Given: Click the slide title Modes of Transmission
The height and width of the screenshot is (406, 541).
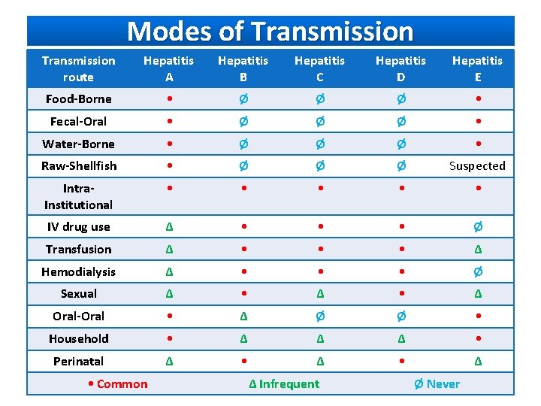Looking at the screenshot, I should [270, 32].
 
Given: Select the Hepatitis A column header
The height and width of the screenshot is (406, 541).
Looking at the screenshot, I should [169, 68].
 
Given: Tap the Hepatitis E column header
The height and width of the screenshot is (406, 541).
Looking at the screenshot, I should [477, 68].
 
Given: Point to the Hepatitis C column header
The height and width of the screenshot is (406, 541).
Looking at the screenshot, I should [320, 68].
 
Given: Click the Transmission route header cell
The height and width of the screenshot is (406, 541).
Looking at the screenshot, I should [78, 68].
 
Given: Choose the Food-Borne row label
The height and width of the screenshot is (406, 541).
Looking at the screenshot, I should [78, 99].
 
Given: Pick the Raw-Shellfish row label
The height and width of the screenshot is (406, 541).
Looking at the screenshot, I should [79, 165].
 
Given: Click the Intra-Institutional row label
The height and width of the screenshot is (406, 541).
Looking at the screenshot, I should [78, 196].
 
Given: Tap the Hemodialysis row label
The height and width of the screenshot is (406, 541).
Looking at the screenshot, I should [78, 271].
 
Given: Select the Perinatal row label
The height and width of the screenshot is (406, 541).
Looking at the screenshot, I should [78, 362].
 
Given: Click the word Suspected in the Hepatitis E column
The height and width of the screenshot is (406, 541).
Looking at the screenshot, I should [477, 166].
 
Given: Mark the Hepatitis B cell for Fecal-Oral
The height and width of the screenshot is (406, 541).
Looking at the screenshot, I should [243, 122].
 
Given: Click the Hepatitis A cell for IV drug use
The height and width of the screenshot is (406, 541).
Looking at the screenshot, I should [169, 227].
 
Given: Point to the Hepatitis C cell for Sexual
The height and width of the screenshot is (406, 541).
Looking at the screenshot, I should [320, 294].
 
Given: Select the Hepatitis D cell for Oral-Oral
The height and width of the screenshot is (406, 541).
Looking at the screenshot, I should [400, 317].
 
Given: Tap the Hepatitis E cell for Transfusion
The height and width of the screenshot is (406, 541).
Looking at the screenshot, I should [478, 250].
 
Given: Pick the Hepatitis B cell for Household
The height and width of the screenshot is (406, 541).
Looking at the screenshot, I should [243, 339].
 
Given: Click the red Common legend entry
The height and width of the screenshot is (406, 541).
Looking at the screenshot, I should [117, 384].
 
